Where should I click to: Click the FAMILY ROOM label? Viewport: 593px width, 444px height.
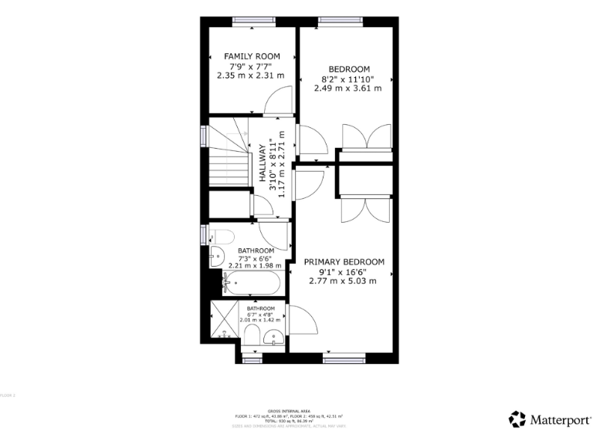click(252, 56)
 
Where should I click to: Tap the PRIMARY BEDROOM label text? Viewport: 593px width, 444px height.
click(345, 262)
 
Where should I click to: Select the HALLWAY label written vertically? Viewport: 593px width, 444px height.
click(263, 166)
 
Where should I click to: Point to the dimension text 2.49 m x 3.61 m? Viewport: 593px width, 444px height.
click(347, 88)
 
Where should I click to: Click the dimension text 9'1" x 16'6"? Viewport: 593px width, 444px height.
click(345, 271)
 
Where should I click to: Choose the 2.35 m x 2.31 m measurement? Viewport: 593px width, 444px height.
click(251, 76)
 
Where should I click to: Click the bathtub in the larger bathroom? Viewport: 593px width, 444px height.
click(251, 284)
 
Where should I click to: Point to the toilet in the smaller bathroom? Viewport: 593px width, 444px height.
click(251, 334)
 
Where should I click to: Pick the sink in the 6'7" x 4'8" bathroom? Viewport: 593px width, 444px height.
click(273, 337)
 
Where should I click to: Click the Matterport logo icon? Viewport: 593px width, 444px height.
click(517, 419)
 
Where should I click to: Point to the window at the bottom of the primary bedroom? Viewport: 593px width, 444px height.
click(345, 358)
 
